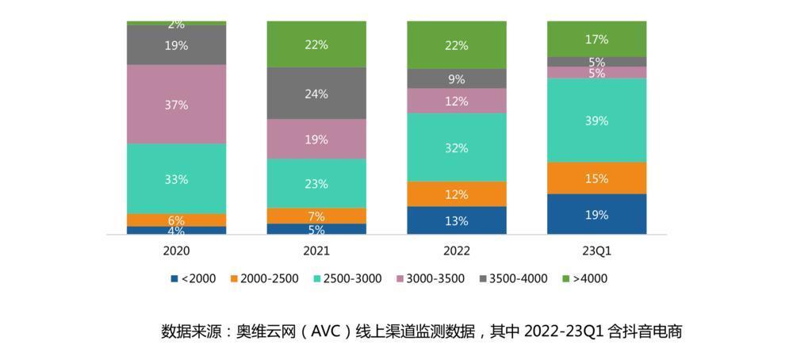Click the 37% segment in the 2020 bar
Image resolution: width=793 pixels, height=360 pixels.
176,105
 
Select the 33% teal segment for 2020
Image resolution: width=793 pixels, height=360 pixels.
176,179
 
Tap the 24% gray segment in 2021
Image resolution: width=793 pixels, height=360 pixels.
316,94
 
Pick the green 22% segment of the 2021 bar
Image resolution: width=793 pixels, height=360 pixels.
316,44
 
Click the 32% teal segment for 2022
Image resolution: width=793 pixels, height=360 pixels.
456,147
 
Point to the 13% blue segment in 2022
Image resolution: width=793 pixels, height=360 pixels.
456,220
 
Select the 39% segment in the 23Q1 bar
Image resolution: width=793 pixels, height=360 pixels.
596,121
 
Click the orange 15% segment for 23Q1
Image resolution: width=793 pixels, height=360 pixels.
596,178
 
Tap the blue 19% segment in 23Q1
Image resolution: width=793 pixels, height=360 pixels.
596,214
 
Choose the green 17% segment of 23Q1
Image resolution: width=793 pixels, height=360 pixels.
596,39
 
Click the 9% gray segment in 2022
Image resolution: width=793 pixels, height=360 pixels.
456,79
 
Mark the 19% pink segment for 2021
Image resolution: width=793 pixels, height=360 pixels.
316,140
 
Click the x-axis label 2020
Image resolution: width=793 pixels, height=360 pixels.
176,251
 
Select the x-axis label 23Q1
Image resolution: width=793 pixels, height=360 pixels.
596,251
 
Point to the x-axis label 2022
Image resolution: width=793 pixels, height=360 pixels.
456,251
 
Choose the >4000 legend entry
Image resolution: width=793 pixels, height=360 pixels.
584,278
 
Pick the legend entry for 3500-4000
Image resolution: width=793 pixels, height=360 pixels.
512,278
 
